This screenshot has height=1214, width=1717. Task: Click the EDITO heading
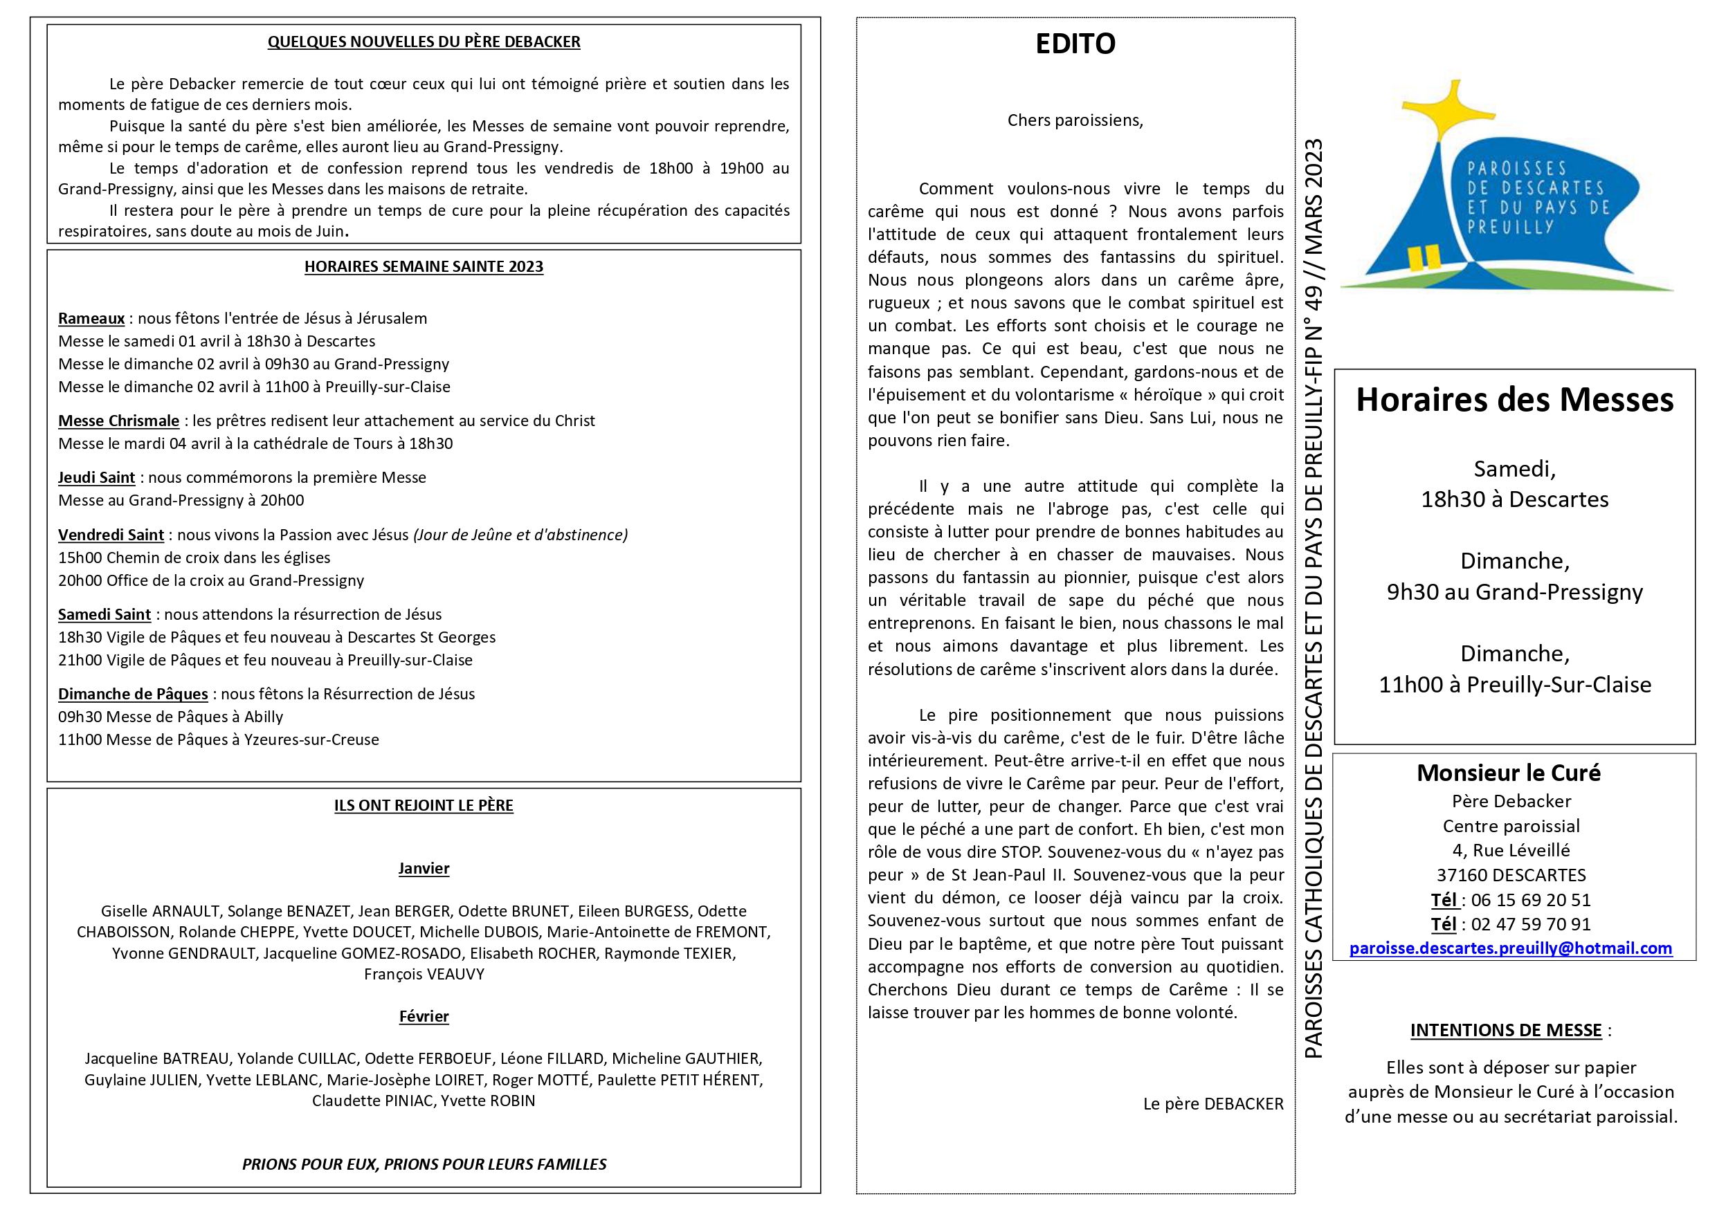[x=1075, y=44]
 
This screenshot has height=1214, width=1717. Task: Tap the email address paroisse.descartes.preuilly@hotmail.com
[x=1510, y=948]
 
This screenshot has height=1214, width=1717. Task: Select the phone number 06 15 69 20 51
[x=1530, y=900]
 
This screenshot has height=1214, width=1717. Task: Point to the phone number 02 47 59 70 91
[x=1530, y=925]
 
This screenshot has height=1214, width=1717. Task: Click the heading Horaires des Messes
[x=1514, y=400]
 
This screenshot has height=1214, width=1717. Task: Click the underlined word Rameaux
[x=91, y=318]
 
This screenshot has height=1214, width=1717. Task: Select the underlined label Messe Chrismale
[x=119, y=421]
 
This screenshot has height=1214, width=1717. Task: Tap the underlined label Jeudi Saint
[x=96, y=478]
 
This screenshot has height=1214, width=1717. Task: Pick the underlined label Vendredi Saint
[x=111, y=535]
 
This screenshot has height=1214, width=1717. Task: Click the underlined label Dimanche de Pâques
[x=133, y=695]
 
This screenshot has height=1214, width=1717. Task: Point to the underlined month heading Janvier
[x=424, y=869]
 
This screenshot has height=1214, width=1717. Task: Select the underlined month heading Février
[x=424, y=1017]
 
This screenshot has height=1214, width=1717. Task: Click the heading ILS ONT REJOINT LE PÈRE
[x=424, y=806]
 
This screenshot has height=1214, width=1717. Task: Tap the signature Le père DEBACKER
[x=1212, y=1104]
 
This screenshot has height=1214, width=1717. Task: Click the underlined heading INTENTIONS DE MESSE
[x=1505, y=1031]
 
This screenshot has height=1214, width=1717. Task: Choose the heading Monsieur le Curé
[x=1509, y=773]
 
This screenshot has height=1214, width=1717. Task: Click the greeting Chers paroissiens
[x=1075, y=120]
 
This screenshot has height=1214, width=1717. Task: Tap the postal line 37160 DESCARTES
[x=1511, y=875]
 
